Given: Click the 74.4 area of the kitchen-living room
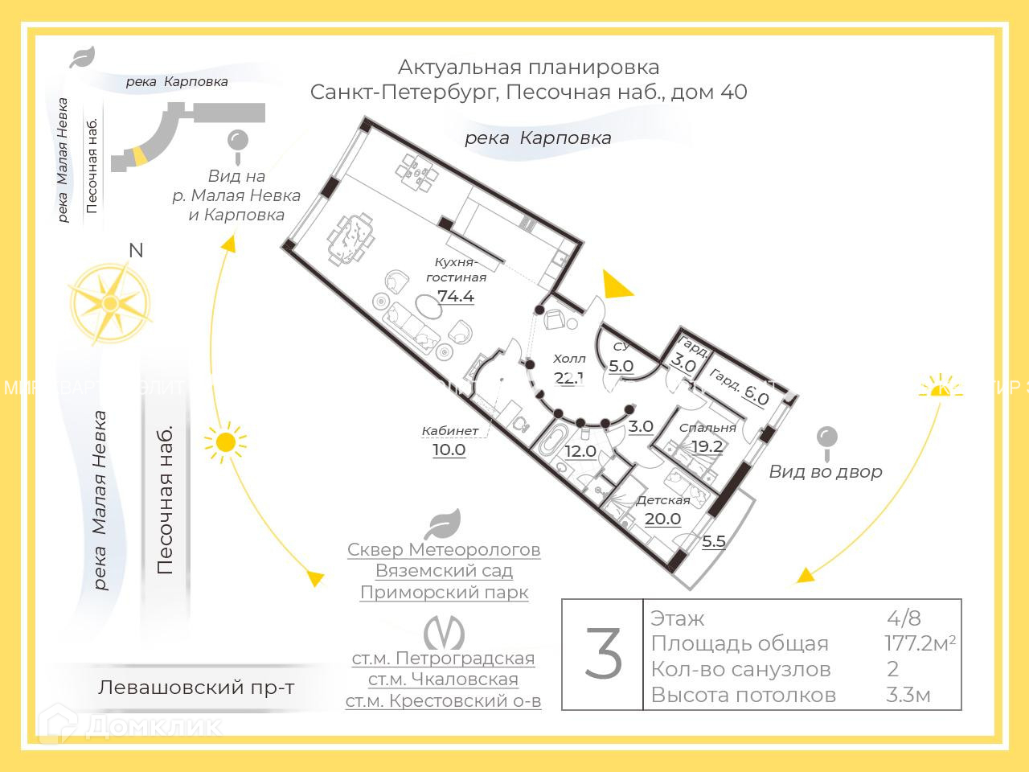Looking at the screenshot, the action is pyautogui.click(x=456, y=296).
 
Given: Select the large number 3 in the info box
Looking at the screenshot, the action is pyautogui.click(x=603, y=655).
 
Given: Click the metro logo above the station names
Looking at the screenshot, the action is pyautogui.click(x=444, y=632).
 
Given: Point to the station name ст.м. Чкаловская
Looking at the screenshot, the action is pyautogui.click(x=443, y=680).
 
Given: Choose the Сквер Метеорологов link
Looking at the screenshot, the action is pyautogui.click(x=444, y=550).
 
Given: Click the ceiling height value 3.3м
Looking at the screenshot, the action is pyautogui.click(x=908, y=695).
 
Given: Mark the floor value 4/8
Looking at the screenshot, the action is pyautogui.click(x=904, y=618).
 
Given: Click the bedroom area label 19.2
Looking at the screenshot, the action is pyautogui.click(x=707, y=446).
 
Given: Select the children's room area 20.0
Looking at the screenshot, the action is pyautogui.click(x=662, y=519).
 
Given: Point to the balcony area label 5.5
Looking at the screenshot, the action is pyautogui.click(x=714, y=541).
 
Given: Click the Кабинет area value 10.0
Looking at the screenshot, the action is pyautogui.click(x=449, y=450).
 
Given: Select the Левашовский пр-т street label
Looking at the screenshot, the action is pyautogui.click(x=196, y=688).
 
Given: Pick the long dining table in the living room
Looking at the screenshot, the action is pyautogui.click(x=351, y=237).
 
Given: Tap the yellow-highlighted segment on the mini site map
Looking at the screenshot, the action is pyautogui.click(x=140, y=155).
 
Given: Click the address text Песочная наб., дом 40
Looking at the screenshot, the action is pyautogui.click(x=627, y=92).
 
